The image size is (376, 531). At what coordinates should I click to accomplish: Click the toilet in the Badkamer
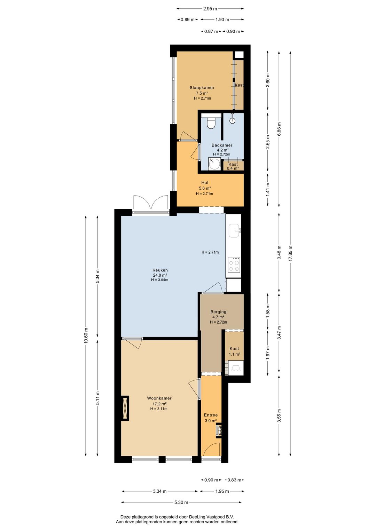click(211, 122)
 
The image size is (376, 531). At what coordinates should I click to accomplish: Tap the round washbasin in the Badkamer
click(213, 164)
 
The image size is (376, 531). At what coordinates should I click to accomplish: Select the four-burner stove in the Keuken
click(234, 264)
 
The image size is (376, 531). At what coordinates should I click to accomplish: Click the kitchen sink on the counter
click(234, 231)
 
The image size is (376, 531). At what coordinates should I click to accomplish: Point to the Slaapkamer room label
click(202, 87)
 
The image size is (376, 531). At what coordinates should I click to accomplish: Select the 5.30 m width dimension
click(181, 502)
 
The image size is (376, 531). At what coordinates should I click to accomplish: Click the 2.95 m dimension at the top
click(210, 9)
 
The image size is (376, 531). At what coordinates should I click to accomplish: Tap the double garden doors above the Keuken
click(151, 204)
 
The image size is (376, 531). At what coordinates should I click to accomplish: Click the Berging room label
click(218, 312)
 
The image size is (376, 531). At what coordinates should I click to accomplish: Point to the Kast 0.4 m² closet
click(233, 166)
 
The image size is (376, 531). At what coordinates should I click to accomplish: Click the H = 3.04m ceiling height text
click(160, 280)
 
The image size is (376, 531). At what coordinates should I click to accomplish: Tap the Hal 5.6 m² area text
click(205, 188)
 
